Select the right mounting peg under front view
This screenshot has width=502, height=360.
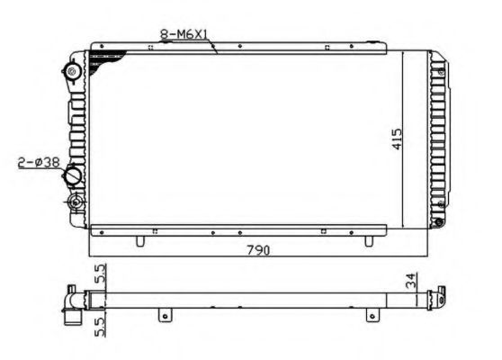pyautogui.click(x=369, y=240)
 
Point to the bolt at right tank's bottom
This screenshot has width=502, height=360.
pyautogui.click(x=438, y=222)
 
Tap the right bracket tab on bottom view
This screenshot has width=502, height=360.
pyautogui.click(x=370, y=313)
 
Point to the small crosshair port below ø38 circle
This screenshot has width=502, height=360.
pyautogui.click(x=76, y=201)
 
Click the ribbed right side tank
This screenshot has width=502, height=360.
pyautogui.click(x=437, y=135)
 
